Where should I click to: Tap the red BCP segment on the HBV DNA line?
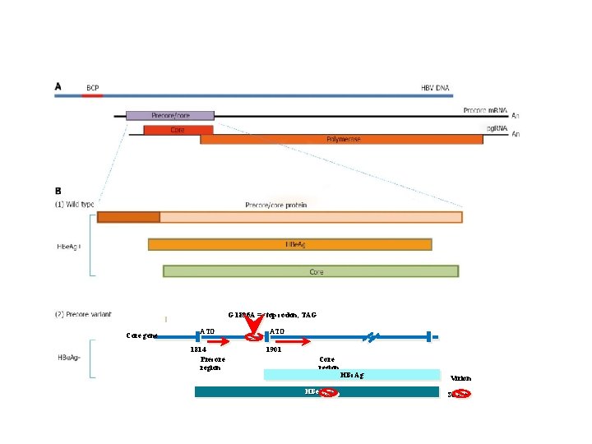pos(92,95)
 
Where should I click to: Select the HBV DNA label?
pos(435,87)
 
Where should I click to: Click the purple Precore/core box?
pos(169,116)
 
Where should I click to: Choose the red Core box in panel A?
pos(178,130)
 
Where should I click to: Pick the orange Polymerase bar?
pos(341,140)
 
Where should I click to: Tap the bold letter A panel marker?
pos(58,86)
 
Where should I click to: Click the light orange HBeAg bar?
pos(289,244)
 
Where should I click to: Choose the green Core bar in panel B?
pos(311,271)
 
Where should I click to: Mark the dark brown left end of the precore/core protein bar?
pos(128,217)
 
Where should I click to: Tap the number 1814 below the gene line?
pos(198,349)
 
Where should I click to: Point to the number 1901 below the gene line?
pos(274,349)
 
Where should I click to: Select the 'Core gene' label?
pos(141,335)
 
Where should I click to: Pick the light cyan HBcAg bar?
pos(351,375)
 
